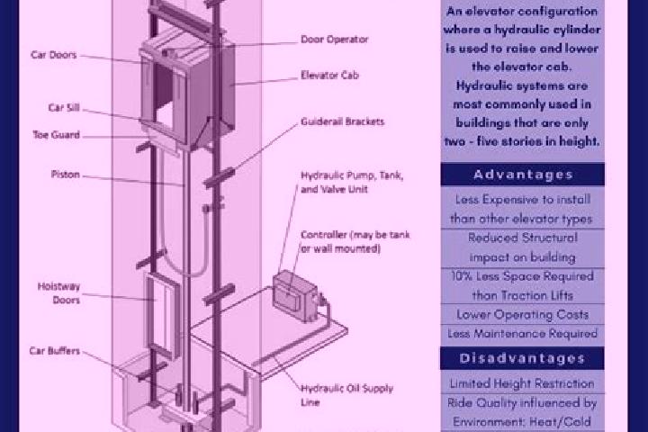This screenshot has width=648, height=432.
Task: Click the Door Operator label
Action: [x=334, y=40]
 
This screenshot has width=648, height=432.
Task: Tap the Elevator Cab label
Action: [x=329, y=76]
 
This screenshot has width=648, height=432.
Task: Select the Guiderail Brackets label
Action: [x=343, y=121]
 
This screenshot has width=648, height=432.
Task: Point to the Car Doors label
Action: [x=54, y=55]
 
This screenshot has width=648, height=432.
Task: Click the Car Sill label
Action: [x=64, y=107]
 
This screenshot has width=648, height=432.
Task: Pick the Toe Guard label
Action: [x=56, y=135]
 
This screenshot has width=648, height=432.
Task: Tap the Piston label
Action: [x=66, y=174]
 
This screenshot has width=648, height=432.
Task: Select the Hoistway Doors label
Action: [x=58, y=293]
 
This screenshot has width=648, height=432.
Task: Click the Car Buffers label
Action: [x=55, y=351]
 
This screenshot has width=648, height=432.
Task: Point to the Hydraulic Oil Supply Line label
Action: [x=346, y=395]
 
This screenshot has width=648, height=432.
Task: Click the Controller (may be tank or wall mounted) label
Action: [x=355, y=241]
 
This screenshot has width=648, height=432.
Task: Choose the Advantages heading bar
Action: [x=522, y=175]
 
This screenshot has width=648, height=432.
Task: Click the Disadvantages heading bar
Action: [x=522, y=358]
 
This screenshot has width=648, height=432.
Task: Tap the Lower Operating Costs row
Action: [x=522, y=315]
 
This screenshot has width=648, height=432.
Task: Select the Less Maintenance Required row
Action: [x=522, y=334]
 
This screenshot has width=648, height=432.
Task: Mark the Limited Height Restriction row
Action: [x=522, y=383]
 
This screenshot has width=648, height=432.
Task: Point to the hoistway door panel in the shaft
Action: [x=162, y=315]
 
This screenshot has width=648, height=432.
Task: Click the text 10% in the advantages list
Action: [x=462, y=276]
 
